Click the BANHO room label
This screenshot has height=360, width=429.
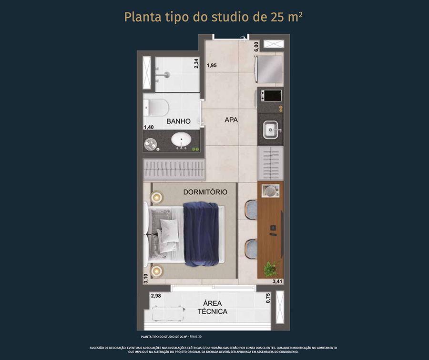point(178,121)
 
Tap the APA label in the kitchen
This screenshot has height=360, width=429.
point(231,120)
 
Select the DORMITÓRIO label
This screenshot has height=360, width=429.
point(205,192)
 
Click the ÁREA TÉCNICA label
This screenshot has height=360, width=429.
point(213,307)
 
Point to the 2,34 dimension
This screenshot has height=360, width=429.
point(196,63)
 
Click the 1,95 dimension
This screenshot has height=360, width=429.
point(212,65)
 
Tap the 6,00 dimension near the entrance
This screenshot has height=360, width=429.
point(256,47)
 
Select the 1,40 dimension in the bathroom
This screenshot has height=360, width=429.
point(149,127)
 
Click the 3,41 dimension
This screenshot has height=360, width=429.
point(277,281)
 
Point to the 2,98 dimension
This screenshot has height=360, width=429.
point(156,296)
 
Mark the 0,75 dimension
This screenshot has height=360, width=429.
point(268,298)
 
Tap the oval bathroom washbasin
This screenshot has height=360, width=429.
point(181,140)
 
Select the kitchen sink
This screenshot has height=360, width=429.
point(271,130)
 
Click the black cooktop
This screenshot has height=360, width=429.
point(271,95)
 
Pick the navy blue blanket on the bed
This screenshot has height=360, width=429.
point(201,234)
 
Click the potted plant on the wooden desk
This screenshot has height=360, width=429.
point(271,269)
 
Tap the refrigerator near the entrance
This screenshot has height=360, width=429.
point(269,69)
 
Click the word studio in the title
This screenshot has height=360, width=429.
point(230,17)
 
